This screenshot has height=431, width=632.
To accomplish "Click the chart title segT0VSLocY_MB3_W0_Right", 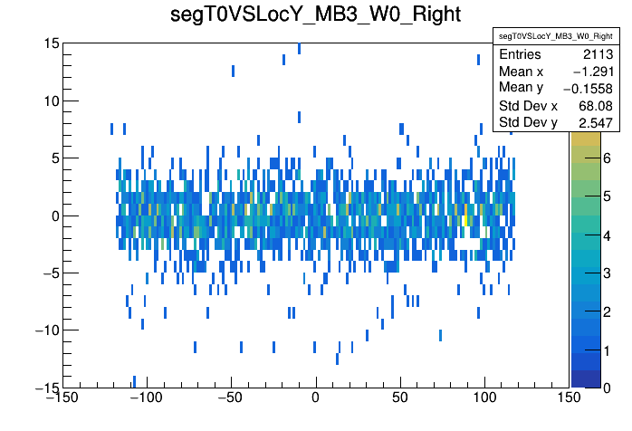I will [316, 15].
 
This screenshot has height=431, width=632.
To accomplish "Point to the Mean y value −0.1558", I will [541, 88].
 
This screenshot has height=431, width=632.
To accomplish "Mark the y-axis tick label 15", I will [52, 43].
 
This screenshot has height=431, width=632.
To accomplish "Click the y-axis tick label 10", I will [52, 101].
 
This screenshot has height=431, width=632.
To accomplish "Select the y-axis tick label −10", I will [44, 330].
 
